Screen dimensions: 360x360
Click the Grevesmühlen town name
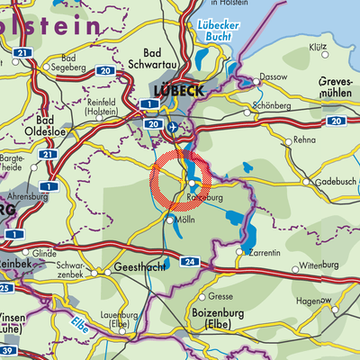pyautogui.click(x=338, y=88)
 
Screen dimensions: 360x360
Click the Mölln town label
pyautogui.click(x=187, y=220)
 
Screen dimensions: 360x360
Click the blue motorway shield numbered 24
pyautogui.click(x=188, y=262)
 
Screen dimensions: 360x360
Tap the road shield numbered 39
pyautogui.click(x=5, y=349)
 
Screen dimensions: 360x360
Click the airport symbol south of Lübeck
pyautogui.click(x=172, y=128)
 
